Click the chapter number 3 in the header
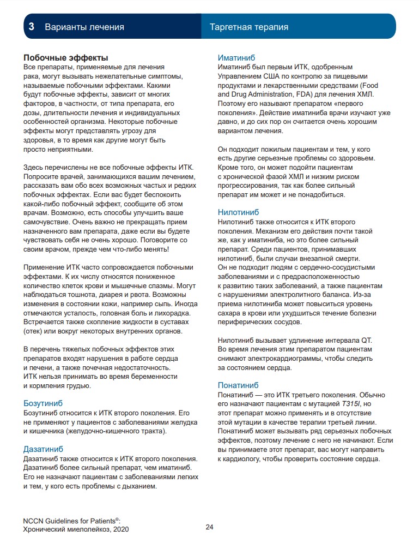click(x=32, y=27)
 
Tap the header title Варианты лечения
click(x=84, y=27)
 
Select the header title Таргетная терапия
click(x=249, y=27)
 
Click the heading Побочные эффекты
click(x=65, y=57)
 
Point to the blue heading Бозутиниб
click(x=43, y=403)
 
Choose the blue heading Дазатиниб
click(x=43, y=449)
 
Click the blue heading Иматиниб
click(x=236, y=57)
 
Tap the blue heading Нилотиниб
click(x=238, y=212)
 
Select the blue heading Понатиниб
click(x=239, y=385)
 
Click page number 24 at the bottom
click(x=210, y=527)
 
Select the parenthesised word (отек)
click(x=34, y=331)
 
